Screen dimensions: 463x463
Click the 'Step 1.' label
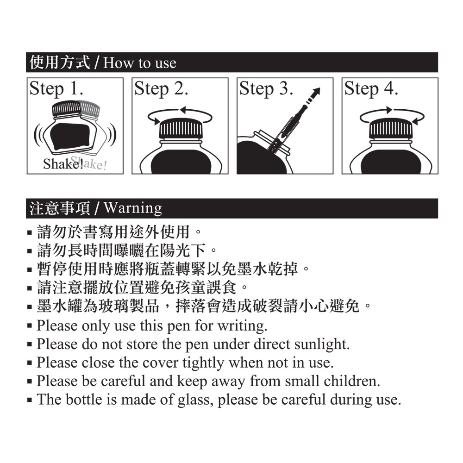click(x=56, y=88)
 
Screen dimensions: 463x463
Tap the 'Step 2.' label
click(x=161, y=88)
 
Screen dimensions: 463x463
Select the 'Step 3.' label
click(x=266, y=88)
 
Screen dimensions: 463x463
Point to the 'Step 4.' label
click(x=371, y=88)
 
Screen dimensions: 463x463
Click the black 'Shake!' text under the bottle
click(x=63, y=164)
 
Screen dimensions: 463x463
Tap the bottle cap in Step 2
click(x=181, y=128)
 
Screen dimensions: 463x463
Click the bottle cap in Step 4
click(x=391, y=128)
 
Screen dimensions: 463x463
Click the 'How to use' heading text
click(x=140, y=63)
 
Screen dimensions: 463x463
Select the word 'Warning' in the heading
click(x=133, y=208)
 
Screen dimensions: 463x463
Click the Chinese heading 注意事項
click(x=60, y=208)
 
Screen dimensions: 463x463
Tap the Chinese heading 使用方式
click(x=60, y=63)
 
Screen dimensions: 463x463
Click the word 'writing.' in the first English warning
click(x=243, y=326)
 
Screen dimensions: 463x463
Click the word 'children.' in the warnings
click(x=352, y=381)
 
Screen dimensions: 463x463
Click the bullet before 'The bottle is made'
click(x=29, y=400)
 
